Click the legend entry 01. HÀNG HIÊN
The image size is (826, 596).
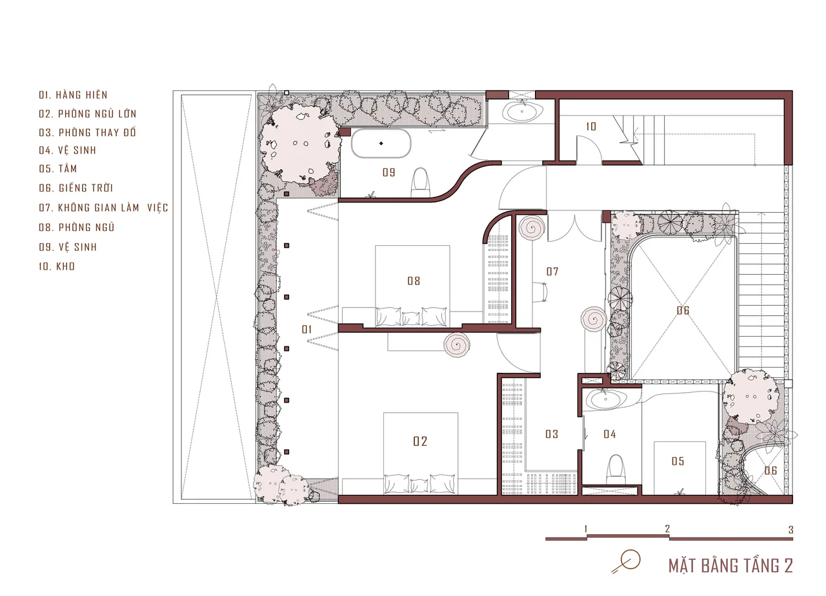[x=73, y=95]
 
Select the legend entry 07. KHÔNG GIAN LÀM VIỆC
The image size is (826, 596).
[x=103, y=208]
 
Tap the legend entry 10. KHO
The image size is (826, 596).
[x=57, y=266]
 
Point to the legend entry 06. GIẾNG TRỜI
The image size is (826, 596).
[x=76, y=188]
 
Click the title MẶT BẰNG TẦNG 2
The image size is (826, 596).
[x=730, y=566]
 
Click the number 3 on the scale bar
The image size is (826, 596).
[x=791, y=530]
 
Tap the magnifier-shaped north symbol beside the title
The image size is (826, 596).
[x=626, y=561]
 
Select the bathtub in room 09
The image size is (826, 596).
[x=381, y=143]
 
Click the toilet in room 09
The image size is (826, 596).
[x=420, y=183]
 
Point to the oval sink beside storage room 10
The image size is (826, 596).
[x=522, y=111]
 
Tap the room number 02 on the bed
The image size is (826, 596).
[x=420, y=441]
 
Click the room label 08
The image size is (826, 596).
[x=414, y=281]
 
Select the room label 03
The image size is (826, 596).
[x=552, y=434]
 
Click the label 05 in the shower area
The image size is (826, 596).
[x=678, y=461]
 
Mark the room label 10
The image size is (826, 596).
[x=591, y=127]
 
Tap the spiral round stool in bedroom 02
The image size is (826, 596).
[x=457, y=345]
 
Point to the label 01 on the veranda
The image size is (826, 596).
[x=307, y=330]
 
